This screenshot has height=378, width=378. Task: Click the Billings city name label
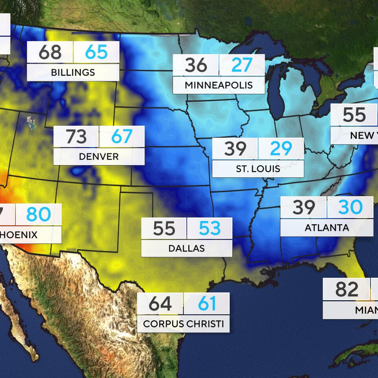[73, 73]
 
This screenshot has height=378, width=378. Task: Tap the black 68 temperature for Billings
[50, 52]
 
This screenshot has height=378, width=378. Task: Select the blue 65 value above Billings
[96, 52]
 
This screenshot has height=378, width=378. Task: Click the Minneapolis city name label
[219, 85]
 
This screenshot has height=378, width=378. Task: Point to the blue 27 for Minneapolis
[242, 65]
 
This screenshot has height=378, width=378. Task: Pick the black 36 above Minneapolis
[196, 65]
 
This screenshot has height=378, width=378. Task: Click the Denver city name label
[99, 157]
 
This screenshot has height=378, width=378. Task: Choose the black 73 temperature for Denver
[76, 136]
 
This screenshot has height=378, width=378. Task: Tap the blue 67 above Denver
[122, 136]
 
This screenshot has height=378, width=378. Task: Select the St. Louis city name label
[258, 169]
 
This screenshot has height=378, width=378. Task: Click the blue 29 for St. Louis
[281, 149]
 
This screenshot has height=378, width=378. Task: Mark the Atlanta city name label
[326, 228]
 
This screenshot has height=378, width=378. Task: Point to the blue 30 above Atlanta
[350, 207]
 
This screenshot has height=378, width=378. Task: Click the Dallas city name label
[186, 249]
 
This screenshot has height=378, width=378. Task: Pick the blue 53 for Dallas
[210, 229]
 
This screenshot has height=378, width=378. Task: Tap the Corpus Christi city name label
[183, 324]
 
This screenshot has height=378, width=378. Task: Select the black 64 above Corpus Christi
[160, 304]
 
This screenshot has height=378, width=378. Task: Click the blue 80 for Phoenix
[39, 214]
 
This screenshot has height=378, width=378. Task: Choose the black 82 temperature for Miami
[347, 289]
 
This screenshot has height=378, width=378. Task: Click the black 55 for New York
[354, 115]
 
